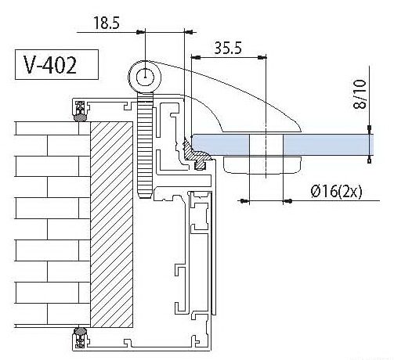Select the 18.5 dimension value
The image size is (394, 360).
coord(107,23)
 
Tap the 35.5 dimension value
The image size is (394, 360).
coord(228,48)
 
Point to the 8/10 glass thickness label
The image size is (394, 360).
coord(360,94)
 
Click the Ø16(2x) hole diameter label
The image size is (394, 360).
coord(336,192)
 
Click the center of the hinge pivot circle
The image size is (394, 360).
coord(145,77)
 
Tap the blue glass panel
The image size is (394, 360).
coord(283,145)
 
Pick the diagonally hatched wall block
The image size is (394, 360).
coord(111,225)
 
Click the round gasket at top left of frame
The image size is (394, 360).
coord(81,118)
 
